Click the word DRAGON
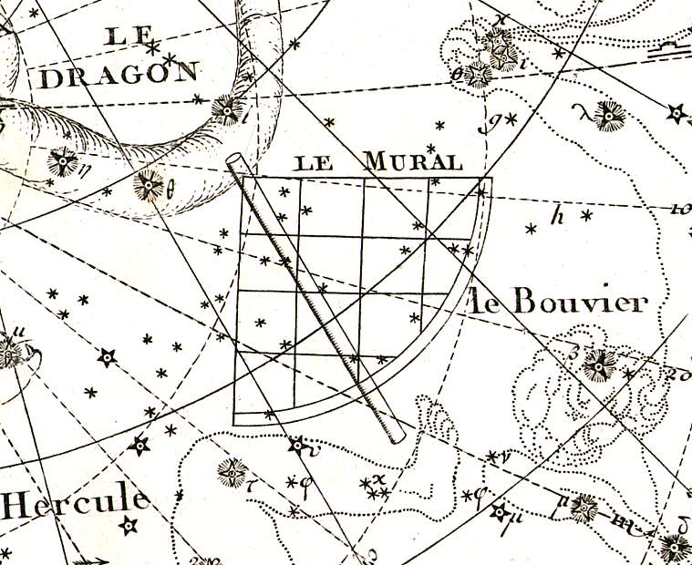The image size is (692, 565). click(x=119, y=75)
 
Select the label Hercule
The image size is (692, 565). click(x=76, y=501)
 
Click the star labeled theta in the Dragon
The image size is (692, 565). click(x=147, y=185)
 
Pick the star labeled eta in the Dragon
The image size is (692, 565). click(x=63, y=162)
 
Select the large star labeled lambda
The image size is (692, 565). click(x=607, y=115)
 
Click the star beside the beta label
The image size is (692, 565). click(x=598, y=364)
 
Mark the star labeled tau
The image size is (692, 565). click(x=232, y=471)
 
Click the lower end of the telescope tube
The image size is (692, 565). click(x=396, y=437)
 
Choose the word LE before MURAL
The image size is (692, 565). click(x=314, y=164)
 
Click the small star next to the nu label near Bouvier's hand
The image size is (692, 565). click(x=492, y=455)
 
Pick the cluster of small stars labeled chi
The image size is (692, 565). click(x=377, y=488)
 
